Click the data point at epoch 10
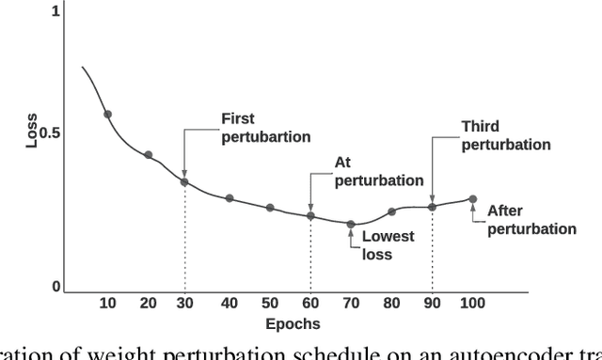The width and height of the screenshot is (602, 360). click(x=107, y=114)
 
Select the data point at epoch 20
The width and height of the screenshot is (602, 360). click(x=148, y=154)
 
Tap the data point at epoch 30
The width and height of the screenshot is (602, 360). click(x=184, y=181)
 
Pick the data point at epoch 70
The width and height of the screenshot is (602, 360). click(x=351, y=224)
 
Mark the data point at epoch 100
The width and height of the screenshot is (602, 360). click(x=472, y=199)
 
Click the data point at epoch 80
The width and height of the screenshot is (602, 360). click(x=392, y=212)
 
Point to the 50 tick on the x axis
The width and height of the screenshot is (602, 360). click(x=269, y=303)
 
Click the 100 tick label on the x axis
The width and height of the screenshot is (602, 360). click(x=472, y=303)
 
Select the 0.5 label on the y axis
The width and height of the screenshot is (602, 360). click(x=49, y=133)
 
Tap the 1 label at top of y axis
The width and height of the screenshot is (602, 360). click(x=55, y=11)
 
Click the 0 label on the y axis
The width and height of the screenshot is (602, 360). click(x=55, y=287)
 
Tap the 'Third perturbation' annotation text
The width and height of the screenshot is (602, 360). click(x=506, y=135)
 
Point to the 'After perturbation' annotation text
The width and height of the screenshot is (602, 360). click(x=531, y=220)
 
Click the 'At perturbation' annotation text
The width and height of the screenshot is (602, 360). click(x=379, y=171)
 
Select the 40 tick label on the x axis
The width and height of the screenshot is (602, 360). click(x=229, y=303)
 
